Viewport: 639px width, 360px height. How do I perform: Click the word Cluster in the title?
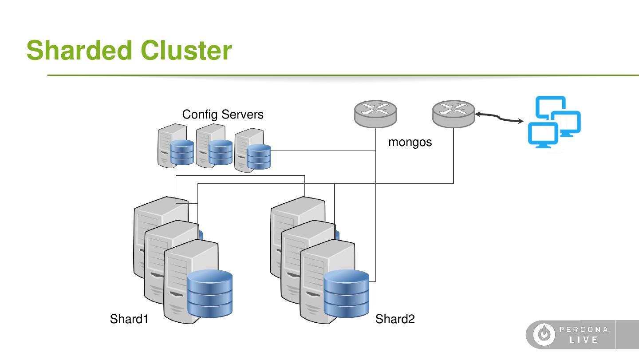[x=186, y=50]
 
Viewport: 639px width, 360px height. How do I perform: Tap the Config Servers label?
[x=223, y=115]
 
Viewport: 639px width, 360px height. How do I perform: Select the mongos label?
[x=410, y=142]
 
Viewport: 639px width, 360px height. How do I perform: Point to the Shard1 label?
[x=129, y=319]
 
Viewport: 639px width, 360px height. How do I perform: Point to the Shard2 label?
[x=395, y=319]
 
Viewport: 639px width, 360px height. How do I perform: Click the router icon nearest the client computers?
[x=454, y=114]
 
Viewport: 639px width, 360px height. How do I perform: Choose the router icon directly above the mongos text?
[x=375, y=114]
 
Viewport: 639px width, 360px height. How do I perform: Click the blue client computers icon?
[x=555, y=121]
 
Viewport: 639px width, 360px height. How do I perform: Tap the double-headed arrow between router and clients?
[x=499, y=117]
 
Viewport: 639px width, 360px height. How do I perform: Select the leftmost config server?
[x=176, y=146]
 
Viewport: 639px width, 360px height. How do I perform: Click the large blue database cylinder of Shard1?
[x=210, y=293]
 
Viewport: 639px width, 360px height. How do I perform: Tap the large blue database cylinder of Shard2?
[x=346, y=293]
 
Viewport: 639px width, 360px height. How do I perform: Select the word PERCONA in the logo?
[x=584, y=329]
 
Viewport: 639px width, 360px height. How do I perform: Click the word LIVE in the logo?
[x=584, y=340]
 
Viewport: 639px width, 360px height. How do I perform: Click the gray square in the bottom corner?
[x=627, y=334]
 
